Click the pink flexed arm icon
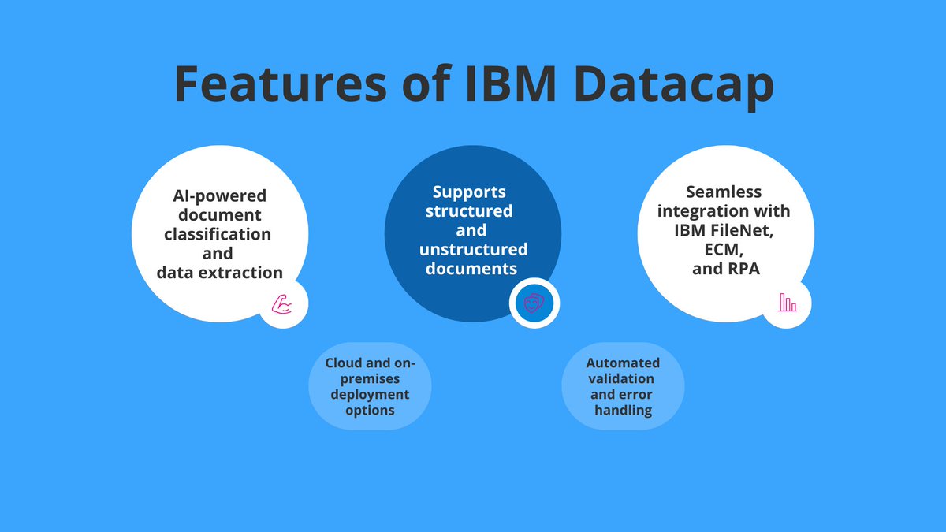283,304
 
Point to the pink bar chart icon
787,302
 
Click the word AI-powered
220,195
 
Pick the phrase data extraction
219,273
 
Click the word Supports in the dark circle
469,192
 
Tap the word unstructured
473,249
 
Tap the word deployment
370,394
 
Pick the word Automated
623,363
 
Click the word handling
623,410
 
